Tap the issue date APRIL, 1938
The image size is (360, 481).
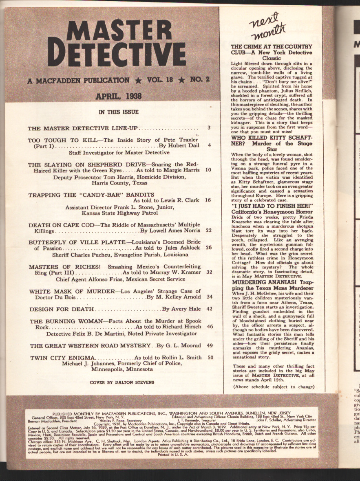(118, 96)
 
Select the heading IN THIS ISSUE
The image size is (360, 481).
(119, 112)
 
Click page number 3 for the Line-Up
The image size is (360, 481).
(208, 128)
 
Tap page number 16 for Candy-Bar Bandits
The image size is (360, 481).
(208, 200)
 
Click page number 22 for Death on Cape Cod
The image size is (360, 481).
(208, 230)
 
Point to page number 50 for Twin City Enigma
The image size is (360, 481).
(210, 358)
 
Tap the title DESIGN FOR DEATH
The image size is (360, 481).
(61, 309)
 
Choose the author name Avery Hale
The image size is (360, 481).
(181, 309)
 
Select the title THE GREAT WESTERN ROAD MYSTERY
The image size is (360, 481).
(91, 346)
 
